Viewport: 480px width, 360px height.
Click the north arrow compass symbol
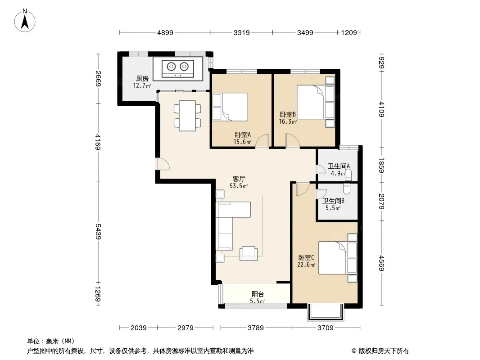click(25, 21)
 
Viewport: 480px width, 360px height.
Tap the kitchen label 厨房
click(142, 79)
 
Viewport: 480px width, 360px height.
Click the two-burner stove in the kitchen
click(178, 68)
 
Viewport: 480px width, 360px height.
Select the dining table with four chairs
click(187, 116)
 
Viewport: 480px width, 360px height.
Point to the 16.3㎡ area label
click(288, 122)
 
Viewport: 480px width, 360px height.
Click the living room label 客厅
click(239, 179)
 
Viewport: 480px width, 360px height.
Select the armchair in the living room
click(249, 253)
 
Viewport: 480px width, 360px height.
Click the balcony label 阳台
click(258, 294)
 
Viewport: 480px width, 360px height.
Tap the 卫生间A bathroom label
click(339, 166)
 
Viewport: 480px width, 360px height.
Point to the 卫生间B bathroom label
click(333, 201)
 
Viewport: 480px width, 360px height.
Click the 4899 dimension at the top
click(165, 33)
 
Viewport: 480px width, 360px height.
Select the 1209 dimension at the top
click(349, 33)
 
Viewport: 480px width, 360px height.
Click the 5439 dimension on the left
click(98, 232)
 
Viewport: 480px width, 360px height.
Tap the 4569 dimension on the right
click(381, 263)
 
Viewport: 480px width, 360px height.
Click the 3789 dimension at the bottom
click(256, 328)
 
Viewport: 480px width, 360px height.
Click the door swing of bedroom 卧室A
click(262, 141)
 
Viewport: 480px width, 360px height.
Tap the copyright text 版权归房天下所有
click(384, 351)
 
